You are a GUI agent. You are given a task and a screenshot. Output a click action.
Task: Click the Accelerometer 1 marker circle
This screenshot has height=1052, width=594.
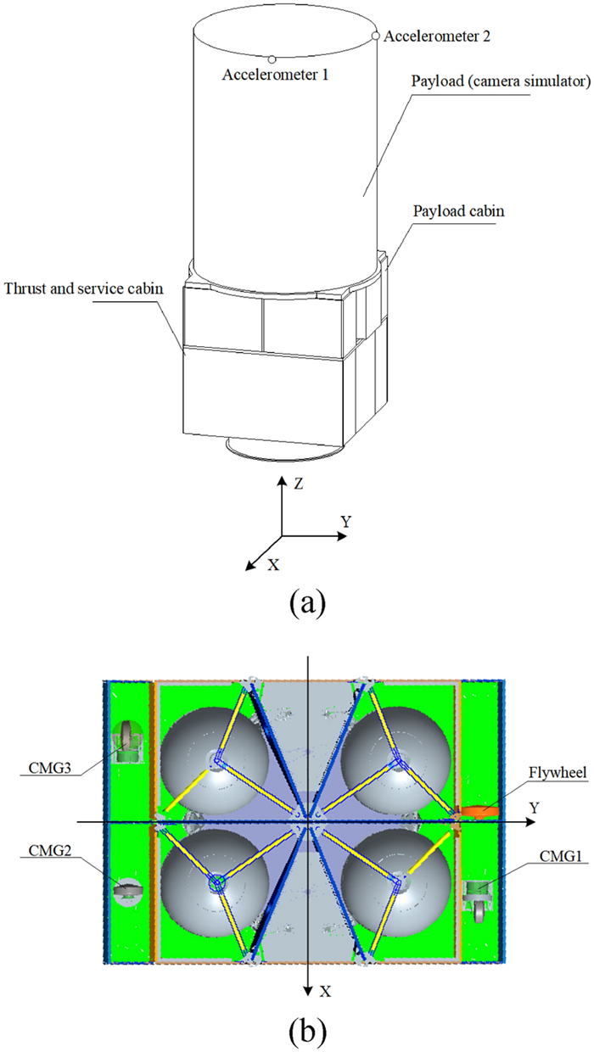click(272, 59)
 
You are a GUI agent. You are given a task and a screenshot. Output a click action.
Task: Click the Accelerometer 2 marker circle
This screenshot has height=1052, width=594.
click(376, 36)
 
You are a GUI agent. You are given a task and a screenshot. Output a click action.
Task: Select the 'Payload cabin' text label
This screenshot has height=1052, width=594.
click(459, 211)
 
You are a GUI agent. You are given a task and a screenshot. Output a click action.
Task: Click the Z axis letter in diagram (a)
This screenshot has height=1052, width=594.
click(299, 484)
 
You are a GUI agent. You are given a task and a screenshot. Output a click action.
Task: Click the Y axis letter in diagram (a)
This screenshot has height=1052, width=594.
click(346, 520)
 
